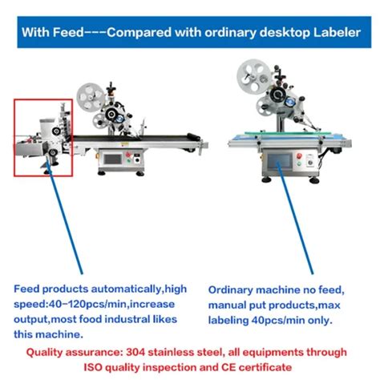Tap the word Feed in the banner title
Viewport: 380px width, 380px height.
point(68,32)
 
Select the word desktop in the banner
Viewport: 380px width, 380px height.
point(285,33)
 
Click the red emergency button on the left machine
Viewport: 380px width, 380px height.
point(128,155)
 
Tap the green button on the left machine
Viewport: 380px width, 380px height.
point(128,161)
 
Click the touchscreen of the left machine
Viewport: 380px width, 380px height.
point(112,160)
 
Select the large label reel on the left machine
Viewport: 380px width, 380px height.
point(91,97)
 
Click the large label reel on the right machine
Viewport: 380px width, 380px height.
point(254,76)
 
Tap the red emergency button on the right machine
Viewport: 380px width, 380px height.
point(299,156)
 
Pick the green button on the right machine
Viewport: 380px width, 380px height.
point(299,164)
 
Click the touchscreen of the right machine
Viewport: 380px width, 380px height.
point(279,161)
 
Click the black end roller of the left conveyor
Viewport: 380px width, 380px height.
point(193,136)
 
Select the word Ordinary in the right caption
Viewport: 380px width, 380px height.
point(230,290)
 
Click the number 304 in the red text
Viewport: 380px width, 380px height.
point(135,352)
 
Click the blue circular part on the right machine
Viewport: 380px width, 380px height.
point(289,102)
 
